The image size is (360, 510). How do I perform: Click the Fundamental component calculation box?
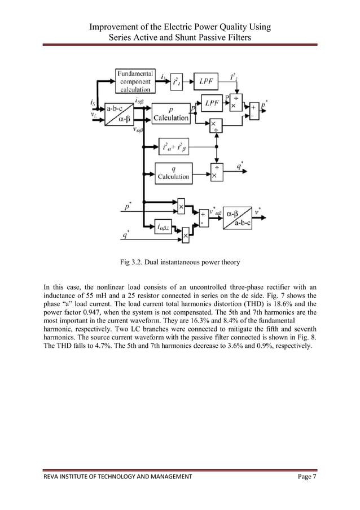click(x=135, y=81)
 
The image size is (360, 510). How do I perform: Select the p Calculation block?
click(x=170, y=114)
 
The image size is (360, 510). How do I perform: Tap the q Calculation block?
click(x=173, y=172)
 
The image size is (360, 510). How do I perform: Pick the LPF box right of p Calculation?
click(x=212, y=103)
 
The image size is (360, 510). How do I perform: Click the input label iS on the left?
click(x=92, y=103)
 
